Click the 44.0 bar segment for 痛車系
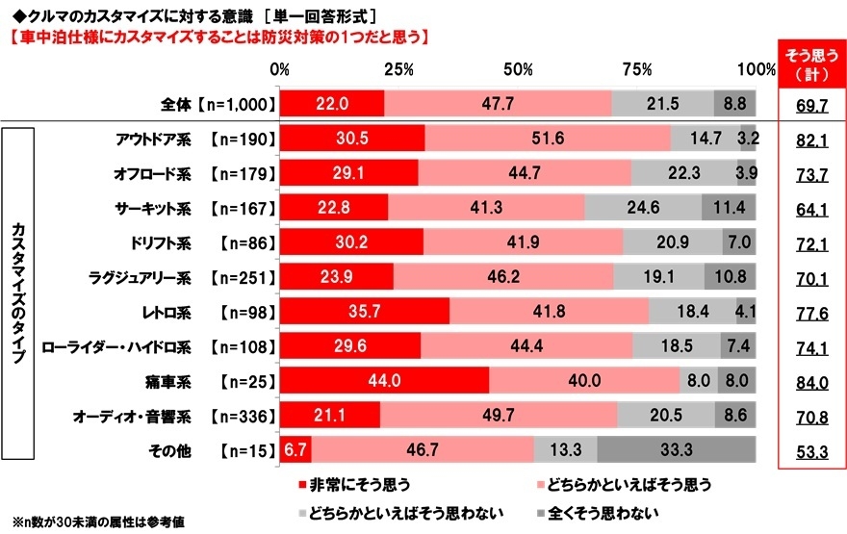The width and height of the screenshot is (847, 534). point(384,379)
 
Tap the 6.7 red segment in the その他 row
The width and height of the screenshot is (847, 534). point(295,448)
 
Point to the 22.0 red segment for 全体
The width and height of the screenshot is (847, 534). point(332,103)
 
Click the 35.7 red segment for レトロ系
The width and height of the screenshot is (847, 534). point(365,311)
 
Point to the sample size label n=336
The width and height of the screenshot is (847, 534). point(242,415)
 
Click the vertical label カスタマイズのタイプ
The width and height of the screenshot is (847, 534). point(19,293)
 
